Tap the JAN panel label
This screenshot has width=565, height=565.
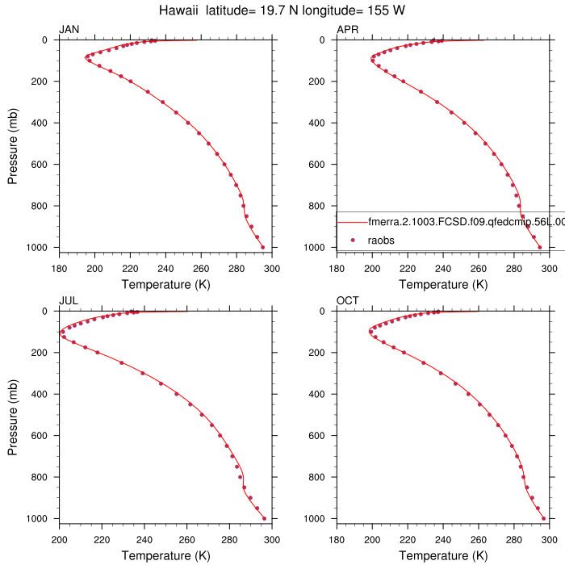tap(69, 30)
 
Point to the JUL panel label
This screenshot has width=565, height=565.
tap(69, 301)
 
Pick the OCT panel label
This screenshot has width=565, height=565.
tap(347, 301)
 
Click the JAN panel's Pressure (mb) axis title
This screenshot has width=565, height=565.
tap(14, 144)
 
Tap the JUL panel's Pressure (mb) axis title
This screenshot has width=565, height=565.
tap(14, 415)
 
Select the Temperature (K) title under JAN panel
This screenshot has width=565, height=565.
tap(165, 284)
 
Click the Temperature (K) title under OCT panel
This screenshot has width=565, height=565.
tap(442, 555)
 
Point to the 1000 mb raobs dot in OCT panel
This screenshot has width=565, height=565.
tap(543, 518)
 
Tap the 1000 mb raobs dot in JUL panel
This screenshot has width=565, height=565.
tap(264, 518)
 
